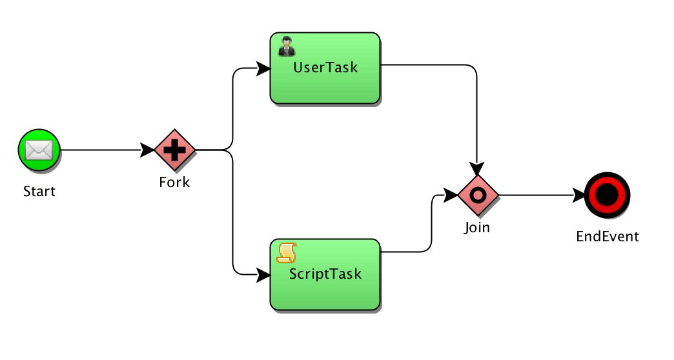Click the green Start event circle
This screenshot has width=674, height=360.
coord(39,150)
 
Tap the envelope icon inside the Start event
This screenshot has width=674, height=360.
coord(39,150)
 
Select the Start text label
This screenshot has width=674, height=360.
coord(39,191)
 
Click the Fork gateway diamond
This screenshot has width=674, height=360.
coord(174,150)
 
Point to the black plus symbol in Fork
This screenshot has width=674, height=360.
coord(174,150)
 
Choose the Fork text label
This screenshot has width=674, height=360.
coord(174,182)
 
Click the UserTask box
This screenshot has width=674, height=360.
coord(325,68)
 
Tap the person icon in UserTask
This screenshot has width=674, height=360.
coord(287,46)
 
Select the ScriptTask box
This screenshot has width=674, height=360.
coord(325,274)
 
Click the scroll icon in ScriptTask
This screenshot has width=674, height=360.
coord(287,253)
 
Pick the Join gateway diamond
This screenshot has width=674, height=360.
coord(478,195)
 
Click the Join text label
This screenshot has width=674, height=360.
coord(476,227)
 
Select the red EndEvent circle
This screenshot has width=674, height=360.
coord(607,195)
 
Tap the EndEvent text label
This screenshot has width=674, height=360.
coord(608,236)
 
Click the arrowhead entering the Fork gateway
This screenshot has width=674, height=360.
coord(147,150)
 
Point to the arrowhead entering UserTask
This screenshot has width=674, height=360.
coord(263,68)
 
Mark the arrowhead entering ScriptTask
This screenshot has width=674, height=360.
coord(263,275)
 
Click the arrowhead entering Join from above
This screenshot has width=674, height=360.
coord(476,169)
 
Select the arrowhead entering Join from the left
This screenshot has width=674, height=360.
coord(451,195)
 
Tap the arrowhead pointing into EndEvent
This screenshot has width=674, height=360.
coord(578,195)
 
